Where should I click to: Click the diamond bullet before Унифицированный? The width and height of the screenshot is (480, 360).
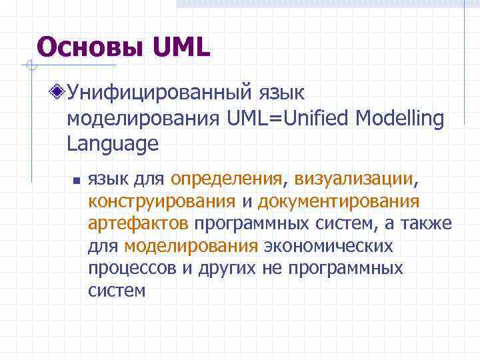tap(60, 91)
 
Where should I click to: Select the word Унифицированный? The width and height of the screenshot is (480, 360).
tap(160, 92)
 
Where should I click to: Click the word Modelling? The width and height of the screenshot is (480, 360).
tap(399, 118)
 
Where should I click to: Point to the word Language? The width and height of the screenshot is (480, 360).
tap(113, 144)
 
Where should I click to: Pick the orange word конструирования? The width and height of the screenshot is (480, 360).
tap(161, 201)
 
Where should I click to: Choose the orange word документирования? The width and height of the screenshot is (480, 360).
tap(339, 201)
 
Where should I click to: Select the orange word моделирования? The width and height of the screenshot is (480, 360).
tap(191, 247)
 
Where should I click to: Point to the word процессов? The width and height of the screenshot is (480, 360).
tap(130, 269)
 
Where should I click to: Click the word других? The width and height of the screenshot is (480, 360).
tap(218, 269)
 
